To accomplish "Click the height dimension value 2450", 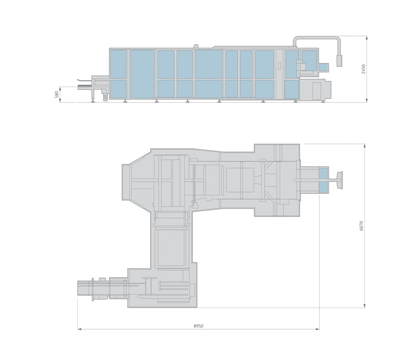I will pyautogui.click(x=363, y=69).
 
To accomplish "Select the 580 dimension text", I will pyautogui.click(x=57, y=95).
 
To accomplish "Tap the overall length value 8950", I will pyautogui.click(x=199, y=326).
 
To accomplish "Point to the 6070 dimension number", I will pyautogui.click(x=361, y=226).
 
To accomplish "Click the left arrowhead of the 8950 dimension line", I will pyautogui.click(x=79, y=329).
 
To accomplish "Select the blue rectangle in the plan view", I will pyautogui.click(x=323, y=180).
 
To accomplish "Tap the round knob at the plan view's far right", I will pyautogui.click(x=340, y=180).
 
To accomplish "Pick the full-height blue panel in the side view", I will pyautogui.click(x=142, y=74).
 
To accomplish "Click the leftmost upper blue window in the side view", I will pyautogui.click(x=118, y=64).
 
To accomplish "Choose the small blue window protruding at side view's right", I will pyautogui.click(x=324, y=67).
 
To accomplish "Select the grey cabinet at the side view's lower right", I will pyautogui.click(x=316, y=90).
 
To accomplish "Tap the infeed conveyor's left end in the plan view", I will pyautogui.click(x=80, y=289).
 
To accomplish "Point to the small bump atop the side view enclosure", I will pyautogui.click(x=195, y=47).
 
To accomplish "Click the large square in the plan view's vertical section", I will pyautogui.click(x=171, y=248).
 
